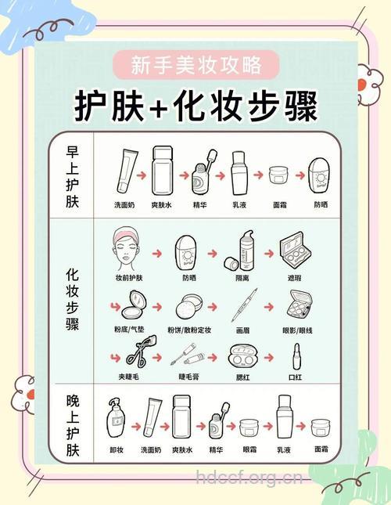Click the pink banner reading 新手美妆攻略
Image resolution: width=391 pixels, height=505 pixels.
[195, 63]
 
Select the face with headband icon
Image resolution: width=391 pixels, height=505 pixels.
[129, 248]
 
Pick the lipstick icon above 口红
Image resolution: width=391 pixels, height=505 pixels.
[296, 358]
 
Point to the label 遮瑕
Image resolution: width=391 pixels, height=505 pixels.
[295, 277]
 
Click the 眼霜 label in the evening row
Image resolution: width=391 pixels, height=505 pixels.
[249, 450]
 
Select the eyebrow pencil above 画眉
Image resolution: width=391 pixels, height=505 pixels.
[243, 306]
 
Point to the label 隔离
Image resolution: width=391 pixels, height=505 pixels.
[243, 277]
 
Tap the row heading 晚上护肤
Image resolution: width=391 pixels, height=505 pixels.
[73, 427]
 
